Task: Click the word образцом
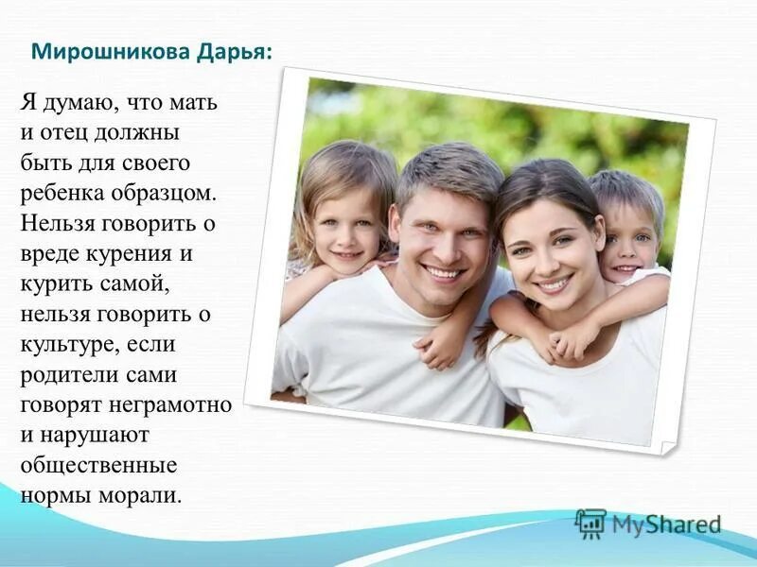pyautogui.click(x=169, y=192)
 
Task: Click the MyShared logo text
pyautogui.click(x=666, y=524)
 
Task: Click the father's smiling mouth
pyautogui.click(x=444, y=272)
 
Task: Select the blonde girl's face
pyautogui.click(x=345, y=228)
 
